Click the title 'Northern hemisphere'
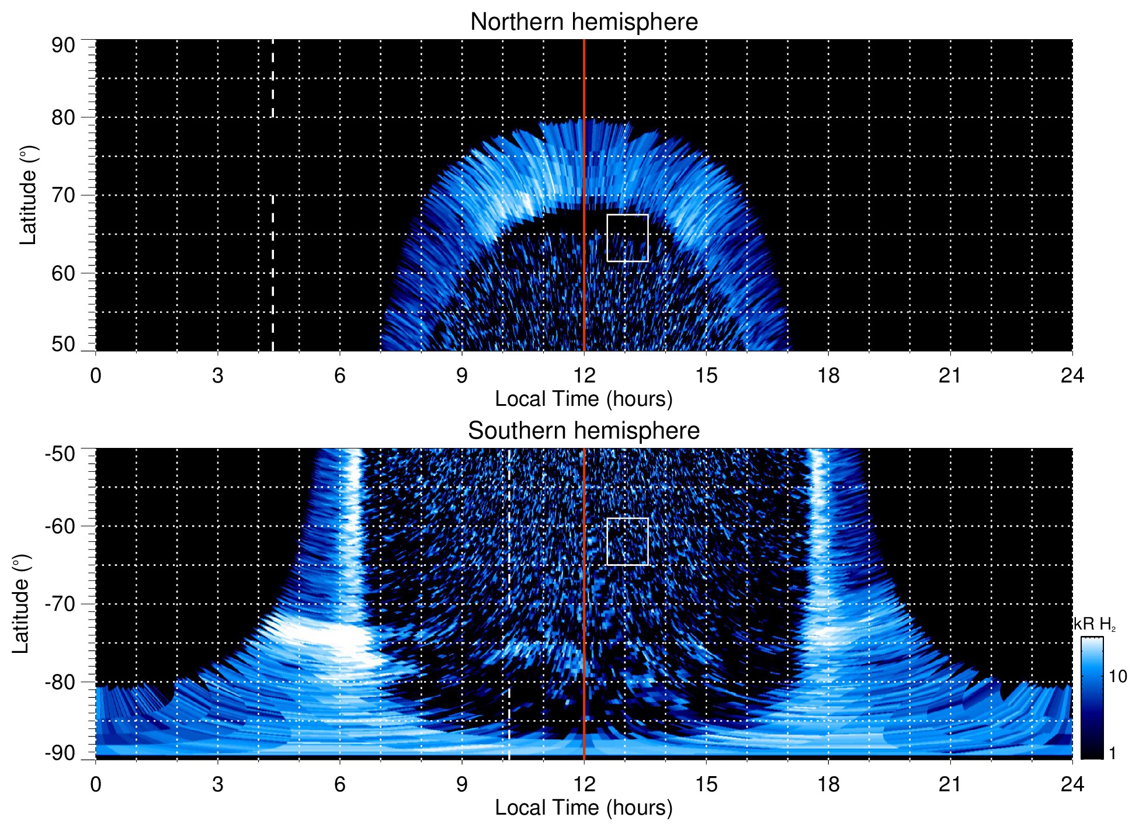click(584, 22)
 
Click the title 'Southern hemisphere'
click(584, 431)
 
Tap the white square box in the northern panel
click(627, 238)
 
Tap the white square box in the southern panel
click(627, 541)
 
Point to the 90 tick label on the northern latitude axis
click(63, 46)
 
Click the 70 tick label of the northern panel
click(63, 195)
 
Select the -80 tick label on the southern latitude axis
click(60, 682)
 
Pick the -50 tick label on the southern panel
click(60, 454)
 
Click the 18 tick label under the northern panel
click(828, 375)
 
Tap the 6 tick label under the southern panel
click(340, 784)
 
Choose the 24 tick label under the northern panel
click(1072, 375)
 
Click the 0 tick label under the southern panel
click(96, 784)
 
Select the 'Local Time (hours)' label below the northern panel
click(584, 399)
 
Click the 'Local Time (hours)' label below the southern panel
click(584, 808)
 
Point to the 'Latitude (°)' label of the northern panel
click(27, 195)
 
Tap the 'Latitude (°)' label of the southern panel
click(21, 604)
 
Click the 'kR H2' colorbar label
click(1095, 624)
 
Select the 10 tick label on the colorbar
click(1117, 677)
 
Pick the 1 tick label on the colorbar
click(1112, 753)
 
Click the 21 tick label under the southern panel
click(950, 784)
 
